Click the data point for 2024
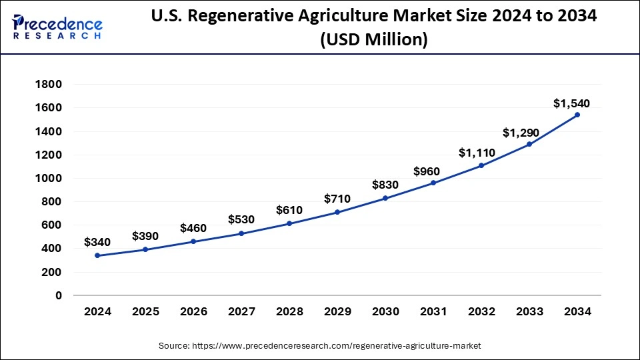(x=97, y=255)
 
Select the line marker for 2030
(x=385, y=198)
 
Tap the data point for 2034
(x=577, y=115)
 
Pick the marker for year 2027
(x=241, y=233)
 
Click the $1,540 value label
(x=571, y=103)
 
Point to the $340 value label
(x=97, y=243)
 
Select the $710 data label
(x=337, y=199)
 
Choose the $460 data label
(x=193, y=228)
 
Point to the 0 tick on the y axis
(x=58, y=295)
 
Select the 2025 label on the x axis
(x=145, y=311)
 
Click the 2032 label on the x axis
(x=481, y=311)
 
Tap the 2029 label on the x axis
(x=337, y=311)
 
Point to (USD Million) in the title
(x=373, y=40)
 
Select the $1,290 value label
(x=523, y=132)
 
